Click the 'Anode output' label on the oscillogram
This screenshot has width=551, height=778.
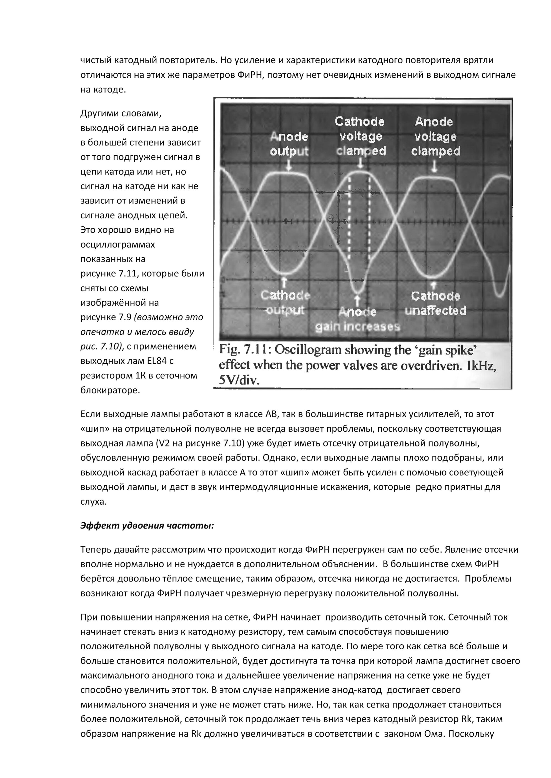click(289, 144)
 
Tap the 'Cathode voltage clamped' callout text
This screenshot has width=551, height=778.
click(360, 136)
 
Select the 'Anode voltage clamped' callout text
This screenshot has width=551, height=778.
click(435, 136)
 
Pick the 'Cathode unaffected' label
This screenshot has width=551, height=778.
click(436, 303)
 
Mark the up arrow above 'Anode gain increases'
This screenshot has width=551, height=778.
click(357, 300)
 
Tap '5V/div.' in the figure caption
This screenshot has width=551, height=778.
click(239, 380)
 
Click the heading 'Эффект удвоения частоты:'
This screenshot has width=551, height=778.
click(147, 525)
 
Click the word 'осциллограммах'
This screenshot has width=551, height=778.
click(118, 245)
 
